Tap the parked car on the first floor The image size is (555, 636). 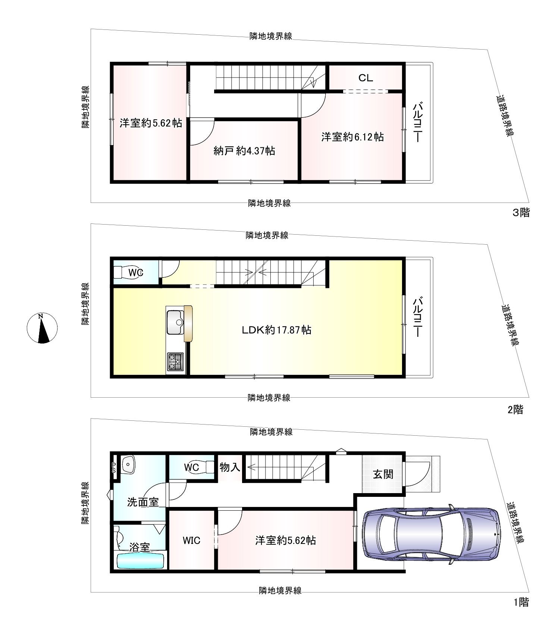431,534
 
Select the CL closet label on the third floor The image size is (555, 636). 366,78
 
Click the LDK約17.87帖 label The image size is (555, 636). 277,330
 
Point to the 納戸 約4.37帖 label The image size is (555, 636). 244,151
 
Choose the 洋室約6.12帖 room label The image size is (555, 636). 352,137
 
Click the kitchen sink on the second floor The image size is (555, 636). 175,322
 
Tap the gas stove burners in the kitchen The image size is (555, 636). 175,361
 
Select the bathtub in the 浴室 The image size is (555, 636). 141,561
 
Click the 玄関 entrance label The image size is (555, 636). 383,474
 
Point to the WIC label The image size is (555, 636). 191,541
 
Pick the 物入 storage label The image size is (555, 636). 230,467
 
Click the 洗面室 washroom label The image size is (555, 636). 143,502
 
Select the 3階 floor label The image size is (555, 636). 521,213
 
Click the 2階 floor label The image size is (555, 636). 515,410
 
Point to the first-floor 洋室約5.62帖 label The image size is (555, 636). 286,541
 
